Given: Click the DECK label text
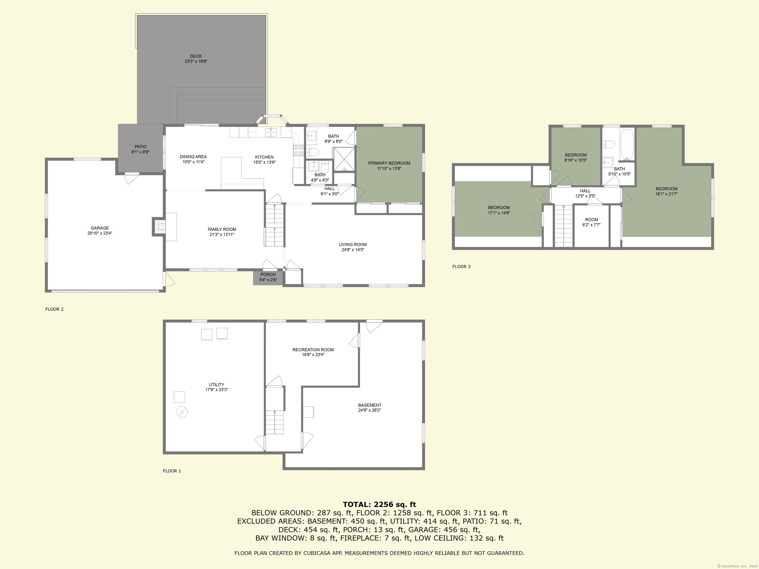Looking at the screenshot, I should (x=196, y=56).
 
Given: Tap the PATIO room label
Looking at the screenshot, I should (x=140, y=147).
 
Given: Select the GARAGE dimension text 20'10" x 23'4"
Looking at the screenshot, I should (x=100, y=233).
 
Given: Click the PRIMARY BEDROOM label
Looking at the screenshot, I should (x=389, y=163).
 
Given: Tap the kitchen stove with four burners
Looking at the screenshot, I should (x=298, y=150).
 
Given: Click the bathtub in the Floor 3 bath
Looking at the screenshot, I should (x=628, y=144).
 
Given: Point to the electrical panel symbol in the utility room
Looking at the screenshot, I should (x=182, y=412).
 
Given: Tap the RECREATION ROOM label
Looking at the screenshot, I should (x=313, y=350).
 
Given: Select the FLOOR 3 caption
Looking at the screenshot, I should (x=461, y=266).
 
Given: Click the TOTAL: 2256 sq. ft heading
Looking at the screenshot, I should (x=379, y=505).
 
